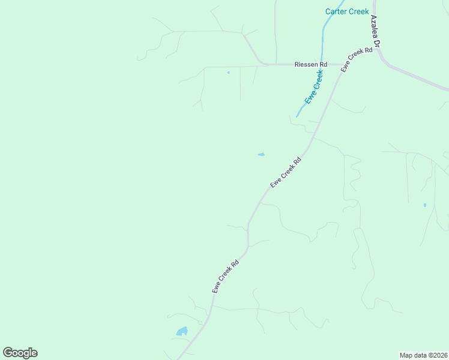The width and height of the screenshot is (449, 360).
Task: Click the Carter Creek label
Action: point(347,11)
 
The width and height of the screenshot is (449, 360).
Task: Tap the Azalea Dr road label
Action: point(376,32)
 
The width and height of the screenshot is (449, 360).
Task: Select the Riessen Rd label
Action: point(310,64)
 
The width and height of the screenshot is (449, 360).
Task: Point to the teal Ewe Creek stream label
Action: point(313,88)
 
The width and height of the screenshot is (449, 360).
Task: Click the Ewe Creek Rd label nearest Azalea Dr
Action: point(357,60)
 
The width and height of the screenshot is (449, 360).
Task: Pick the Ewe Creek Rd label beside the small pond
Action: point(285,173)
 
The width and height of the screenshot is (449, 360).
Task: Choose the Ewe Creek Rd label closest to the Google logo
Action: point(226,276)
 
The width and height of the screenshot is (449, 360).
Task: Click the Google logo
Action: point(20,353)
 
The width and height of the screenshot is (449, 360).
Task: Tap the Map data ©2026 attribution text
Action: point(423,355)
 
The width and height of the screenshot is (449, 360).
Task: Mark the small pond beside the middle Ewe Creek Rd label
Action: point(261,155)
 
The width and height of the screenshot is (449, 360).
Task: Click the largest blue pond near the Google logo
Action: point(181,331)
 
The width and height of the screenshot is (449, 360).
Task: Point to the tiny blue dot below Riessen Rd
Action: point(228,73)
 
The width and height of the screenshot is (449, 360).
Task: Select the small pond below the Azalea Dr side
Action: point(425,205)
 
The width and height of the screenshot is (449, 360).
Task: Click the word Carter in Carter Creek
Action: point(336,11)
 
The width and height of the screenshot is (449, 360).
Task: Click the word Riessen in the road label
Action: point(306,64)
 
